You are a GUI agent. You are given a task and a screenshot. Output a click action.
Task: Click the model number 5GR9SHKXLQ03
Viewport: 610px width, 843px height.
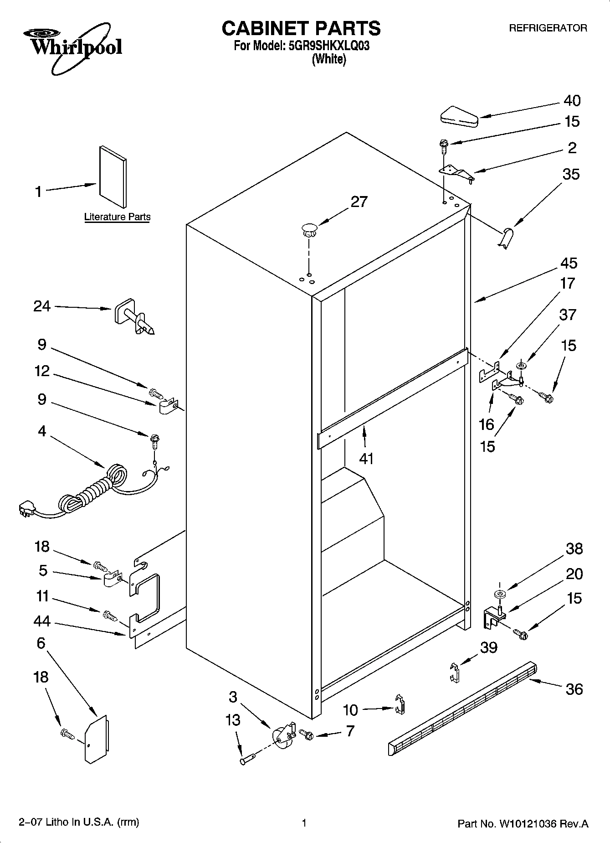[328, 46]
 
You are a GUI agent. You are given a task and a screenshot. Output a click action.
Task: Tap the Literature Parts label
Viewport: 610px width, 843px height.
[117, 217]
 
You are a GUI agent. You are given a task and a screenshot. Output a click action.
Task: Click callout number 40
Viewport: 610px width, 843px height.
[572, 101]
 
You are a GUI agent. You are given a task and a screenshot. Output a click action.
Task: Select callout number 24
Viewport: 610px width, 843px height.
[42, 306]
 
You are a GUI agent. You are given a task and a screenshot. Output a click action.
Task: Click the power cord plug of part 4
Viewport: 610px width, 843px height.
[26, 509]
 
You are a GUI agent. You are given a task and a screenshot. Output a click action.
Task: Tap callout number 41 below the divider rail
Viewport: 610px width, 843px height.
[366, 458]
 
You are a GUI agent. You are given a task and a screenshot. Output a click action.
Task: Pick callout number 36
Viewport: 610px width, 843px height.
[574, 688]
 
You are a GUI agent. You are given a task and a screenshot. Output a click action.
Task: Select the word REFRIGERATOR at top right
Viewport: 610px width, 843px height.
[548, 28]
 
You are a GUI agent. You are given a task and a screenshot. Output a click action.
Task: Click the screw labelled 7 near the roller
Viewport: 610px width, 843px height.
[307, 734]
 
